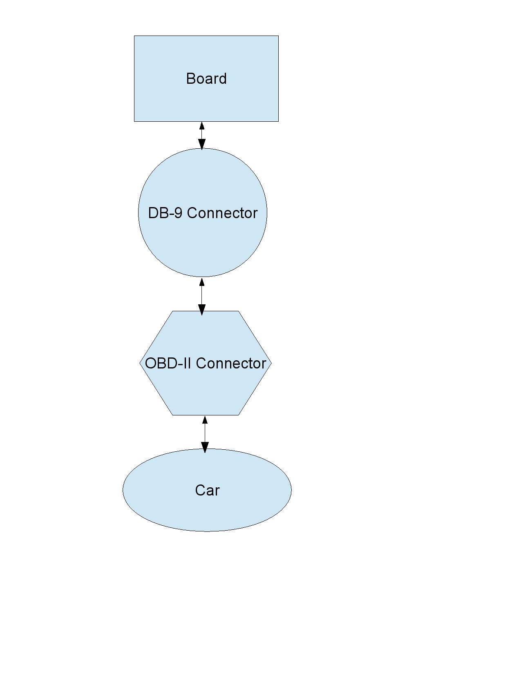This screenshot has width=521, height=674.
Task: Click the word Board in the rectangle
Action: [x=206, y=78]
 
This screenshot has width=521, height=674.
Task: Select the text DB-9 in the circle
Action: [x=165, y=213]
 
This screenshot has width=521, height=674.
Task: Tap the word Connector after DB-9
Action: [x=222, y=213]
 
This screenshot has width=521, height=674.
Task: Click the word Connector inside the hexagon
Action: [x=231, y=363]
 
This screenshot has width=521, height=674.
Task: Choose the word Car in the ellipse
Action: [x=207, y=490]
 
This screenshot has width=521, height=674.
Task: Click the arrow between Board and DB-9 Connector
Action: [x=202, y=136]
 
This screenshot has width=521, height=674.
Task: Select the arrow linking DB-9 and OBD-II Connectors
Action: [x=202, y=297]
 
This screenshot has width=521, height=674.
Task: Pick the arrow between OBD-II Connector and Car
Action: [x=205, y=435]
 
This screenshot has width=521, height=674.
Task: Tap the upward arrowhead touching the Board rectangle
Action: [x=202, y=126]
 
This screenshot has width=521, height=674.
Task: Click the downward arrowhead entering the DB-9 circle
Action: [x=202, y=144]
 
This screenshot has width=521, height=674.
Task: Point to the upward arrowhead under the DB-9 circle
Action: [x=202, y=282]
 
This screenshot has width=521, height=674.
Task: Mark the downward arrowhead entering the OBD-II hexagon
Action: [x=202, y=310]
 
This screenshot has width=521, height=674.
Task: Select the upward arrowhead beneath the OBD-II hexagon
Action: [x=205, y=420]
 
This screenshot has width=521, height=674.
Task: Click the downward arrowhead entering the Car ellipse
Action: [x=205, y=448]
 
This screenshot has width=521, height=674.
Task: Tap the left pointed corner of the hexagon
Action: [x=140, y=363]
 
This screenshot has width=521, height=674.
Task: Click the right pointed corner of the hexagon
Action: [x=271, y=363]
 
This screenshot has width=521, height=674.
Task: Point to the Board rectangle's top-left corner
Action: [x=134, y=36]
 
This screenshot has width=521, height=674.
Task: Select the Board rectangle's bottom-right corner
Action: [x=278, y=121]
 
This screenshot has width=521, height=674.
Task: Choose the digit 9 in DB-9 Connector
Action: [x=179, y=213]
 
